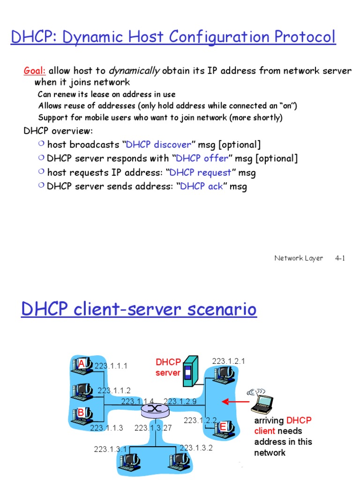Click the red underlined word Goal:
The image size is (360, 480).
pos(35,71)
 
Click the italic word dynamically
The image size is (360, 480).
pos(134,71)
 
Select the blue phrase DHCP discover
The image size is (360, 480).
pos(158,144)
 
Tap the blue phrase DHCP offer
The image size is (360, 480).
pos(202,158)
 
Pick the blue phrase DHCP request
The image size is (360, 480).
pos(200,172)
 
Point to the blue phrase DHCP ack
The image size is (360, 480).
pos(202,187)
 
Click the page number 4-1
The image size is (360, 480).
pos(340,258)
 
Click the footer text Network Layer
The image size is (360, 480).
pos(299,258)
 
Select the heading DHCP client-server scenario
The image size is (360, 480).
pos(139,310)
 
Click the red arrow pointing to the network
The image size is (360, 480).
pos(234,401)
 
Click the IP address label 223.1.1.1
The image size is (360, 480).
pos(111,366)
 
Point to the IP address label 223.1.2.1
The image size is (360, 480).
pos(228,361)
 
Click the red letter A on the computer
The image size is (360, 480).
pos(82,364)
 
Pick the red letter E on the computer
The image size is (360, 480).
pos(223,426)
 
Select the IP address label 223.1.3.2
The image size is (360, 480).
pos(196,448)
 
